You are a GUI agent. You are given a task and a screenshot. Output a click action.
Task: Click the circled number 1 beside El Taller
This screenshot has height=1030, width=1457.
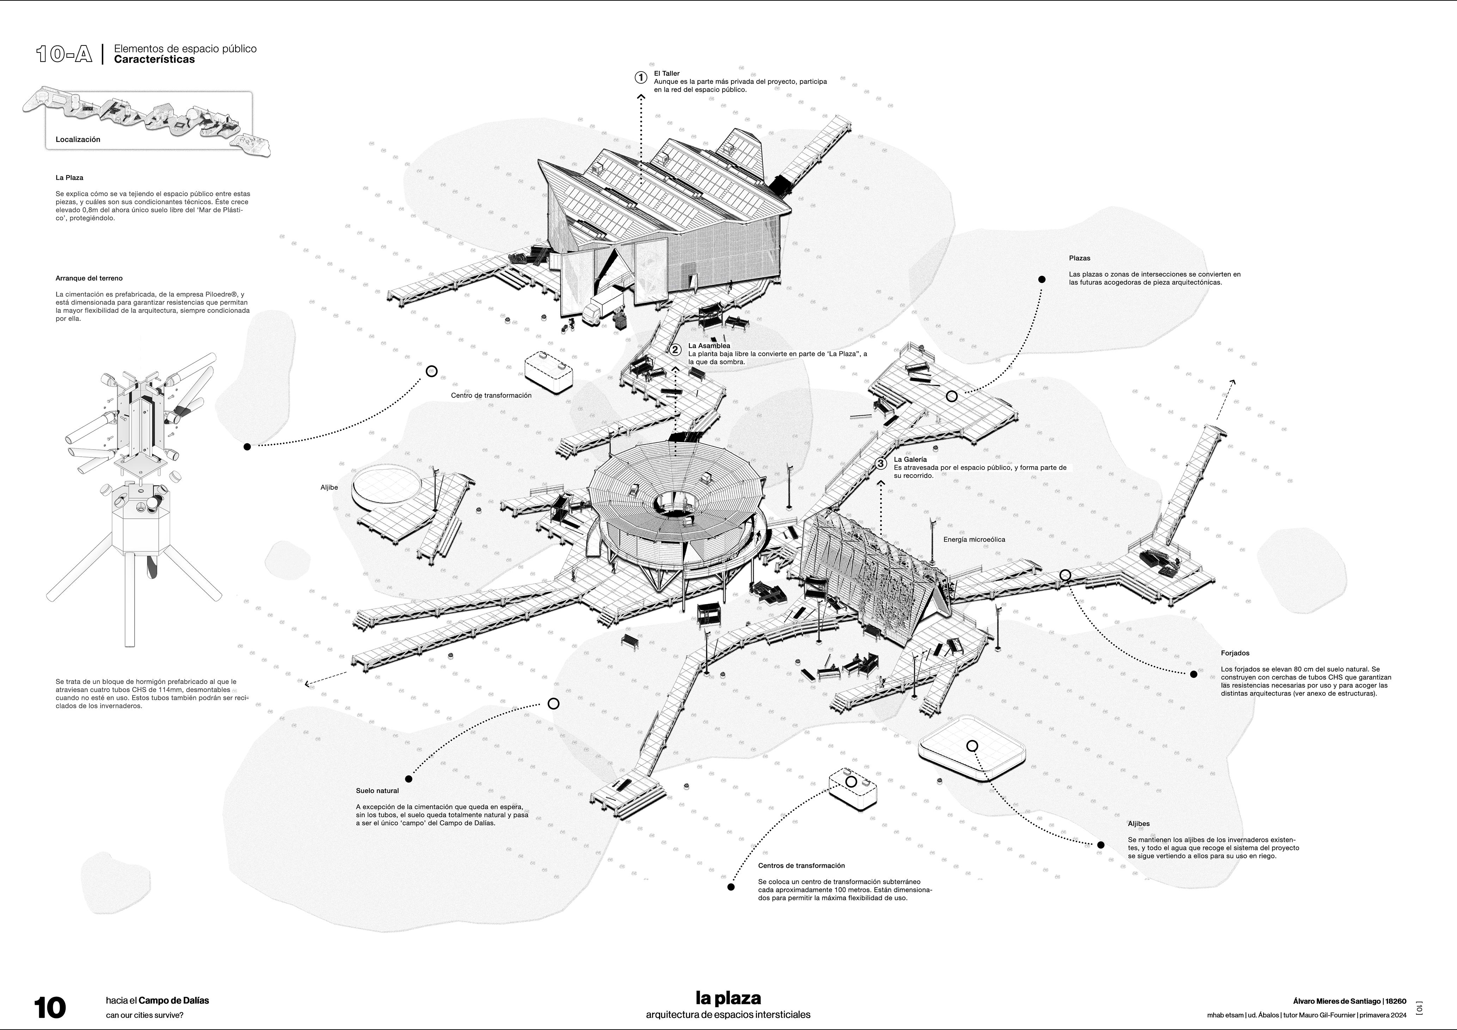tap(641, 78)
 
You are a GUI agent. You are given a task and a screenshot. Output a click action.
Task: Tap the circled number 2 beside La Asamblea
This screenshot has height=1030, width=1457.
tap(676, 350)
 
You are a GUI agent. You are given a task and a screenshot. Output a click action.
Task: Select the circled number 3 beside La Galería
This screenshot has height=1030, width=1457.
tap(881, 463)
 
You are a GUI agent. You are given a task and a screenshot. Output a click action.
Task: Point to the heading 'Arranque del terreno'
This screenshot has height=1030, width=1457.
tap(89, 278)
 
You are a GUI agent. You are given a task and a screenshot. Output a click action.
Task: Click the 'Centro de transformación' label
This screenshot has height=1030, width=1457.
tap(491, 395)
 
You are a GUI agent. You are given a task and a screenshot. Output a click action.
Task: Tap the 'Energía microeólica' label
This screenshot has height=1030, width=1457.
tap(974, 539)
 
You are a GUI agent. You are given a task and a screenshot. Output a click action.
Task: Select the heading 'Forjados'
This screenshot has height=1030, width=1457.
tap(1235, 653)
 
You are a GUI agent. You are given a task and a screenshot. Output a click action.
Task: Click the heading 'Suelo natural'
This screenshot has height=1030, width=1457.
tap(377, 791)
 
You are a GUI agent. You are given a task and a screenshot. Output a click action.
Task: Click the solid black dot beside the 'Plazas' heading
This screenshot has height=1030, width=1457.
tap(1041, 279)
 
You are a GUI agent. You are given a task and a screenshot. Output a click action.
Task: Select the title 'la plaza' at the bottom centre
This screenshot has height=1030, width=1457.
tap(728, 998)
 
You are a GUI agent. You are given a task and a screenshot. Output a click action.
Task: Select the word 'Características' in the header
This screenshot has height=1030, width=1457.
tap(154, 60)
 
